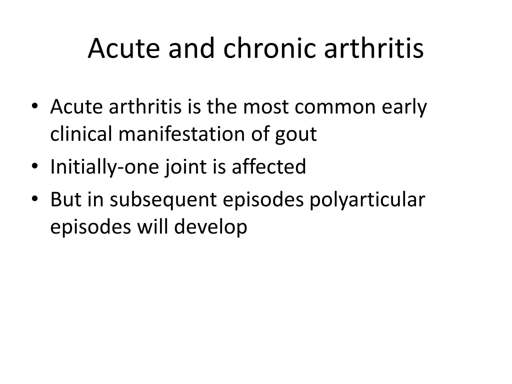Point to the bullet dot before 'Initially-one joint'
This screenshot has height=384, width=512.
[x=34, y=166]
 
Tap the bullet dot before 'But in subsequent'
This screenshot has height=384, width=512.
[x=34, y=199]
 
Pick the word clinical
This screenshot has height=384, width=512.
[x=81, y=134]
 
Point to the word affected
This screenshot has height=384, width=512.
[x=268, y=166]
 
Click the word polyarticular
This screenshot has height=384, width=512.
[x=367, y=200]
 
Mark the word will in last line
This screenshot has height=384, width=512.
[x=153, y=226]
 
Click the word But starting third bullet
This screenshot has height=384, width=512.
[x=66, y=199]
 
